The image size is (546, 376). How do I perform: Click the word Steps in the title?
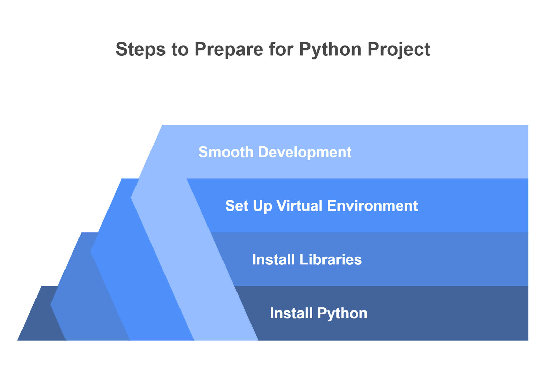[141, 49]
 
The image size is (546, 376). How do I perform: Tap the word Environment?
[372, 206]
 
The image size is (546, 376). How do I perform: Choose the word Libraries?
[331, 259]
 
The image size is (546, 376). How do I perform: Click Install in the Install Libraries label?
[273, 259]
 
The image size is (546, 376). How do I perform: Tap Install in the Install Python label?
[291, 313]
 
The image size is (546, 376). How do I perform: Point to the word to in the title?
[180, 49]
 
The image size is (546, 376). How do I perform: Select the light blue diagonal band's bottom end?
[226, 340]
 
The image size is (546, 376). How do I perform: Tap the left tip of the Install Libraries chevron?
[51, 304]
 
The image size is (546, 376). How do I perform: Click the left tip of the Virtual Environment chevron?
[91, 251]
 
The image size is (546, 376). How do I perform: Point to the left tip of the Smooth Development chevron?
[131, 198]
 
